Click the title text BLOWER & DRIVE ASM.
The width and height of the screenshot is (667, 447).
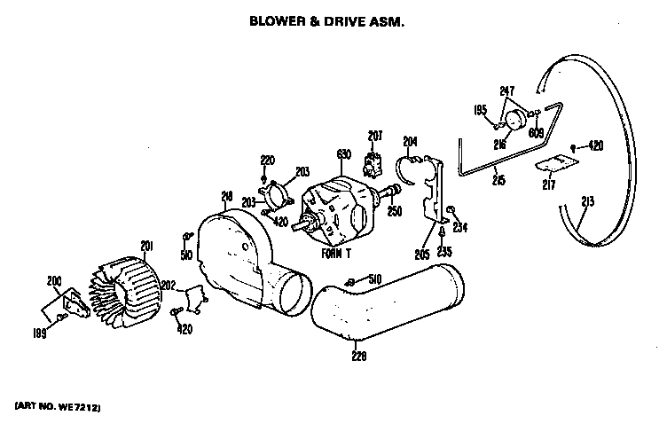coord(327,18)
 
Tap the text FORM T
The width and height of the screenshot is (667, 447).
coord(335,254)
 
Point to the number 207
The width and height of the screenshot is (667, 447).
coord(375,136)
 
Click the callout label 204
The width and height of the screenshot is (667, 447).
coord(410,141)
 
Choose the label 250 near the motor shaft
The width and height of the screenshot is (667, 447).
coord(394,210)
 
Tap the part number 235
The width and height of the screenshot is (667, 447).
coord(443,251)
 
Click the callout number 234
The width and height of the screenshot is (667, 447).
coord(459,227)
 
